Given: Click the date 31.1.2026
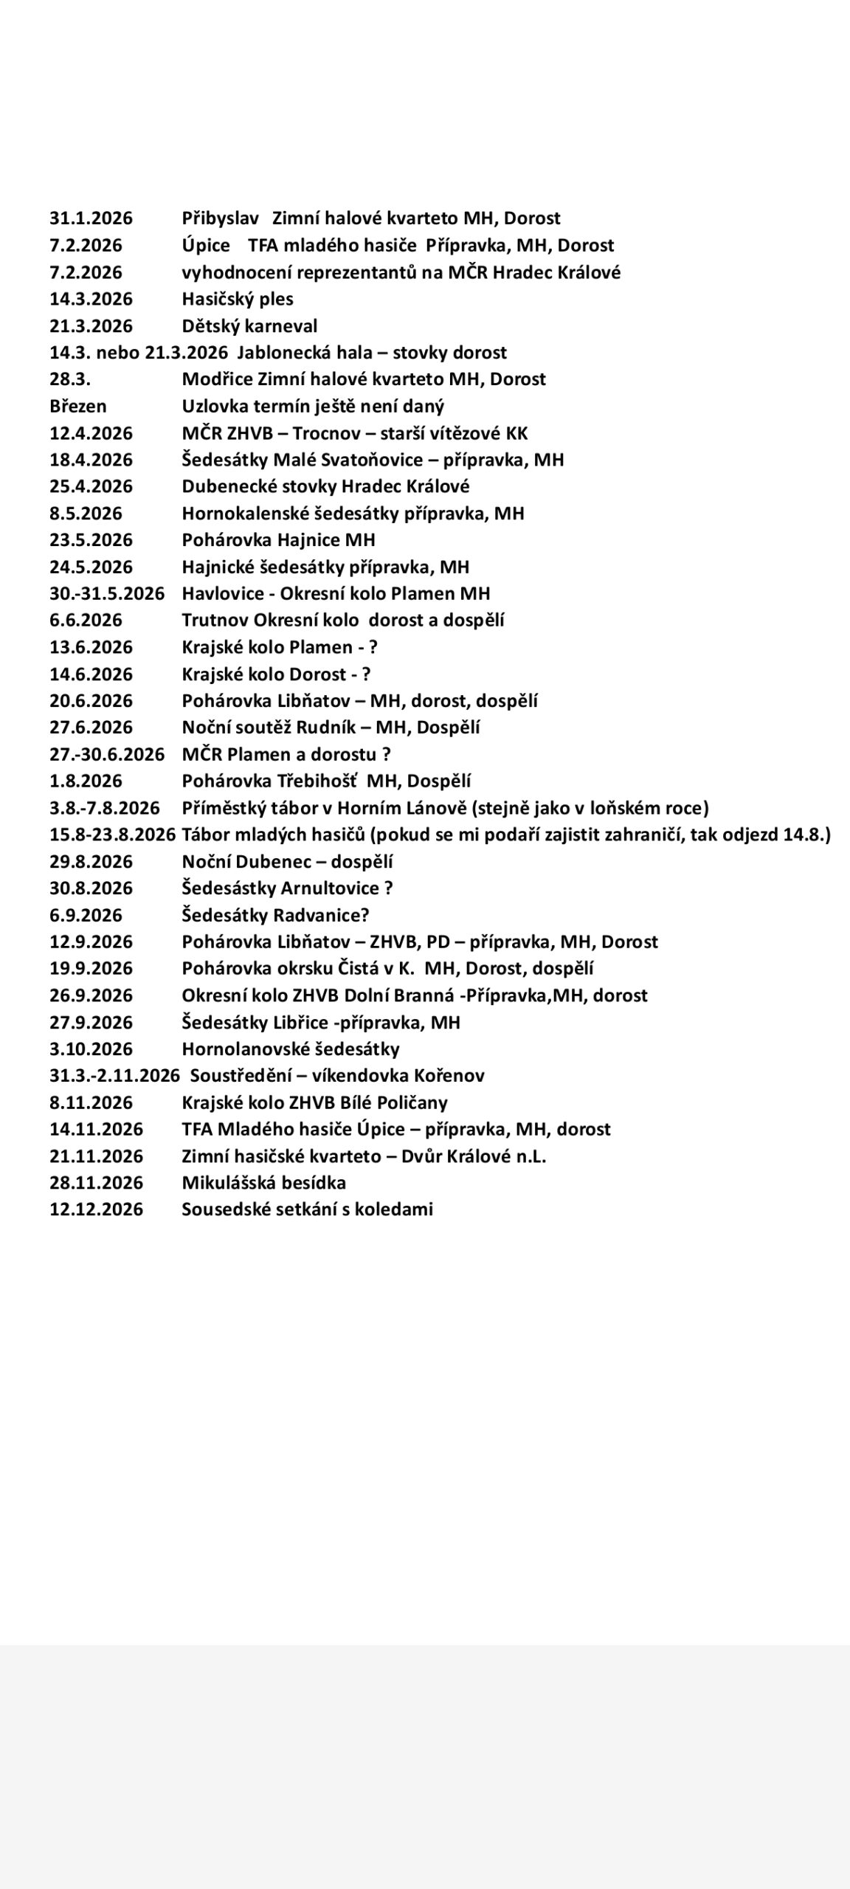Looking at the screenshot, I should [x=91, y=218].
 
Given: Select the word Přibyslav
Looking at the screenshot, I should [x=220, y=218].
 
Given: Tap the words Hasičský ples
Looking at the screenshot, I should [x=237, y=299].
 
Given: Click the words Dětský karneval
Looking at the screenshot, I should [x=249, y=325].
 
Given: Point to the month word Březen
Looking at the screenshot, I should [x=77, y=406].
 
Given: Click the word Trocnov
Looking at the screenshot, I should [x=332, y=433].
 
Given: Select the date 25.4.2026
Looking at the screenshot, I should [x=91, y=486].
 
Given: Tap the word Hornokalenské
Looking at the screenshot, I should [x=245, y=513].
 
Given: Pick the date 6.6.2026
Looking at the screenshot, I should [x=86, y=620].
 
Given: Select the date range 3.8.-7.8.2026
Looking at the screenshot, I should [x=104, y=808].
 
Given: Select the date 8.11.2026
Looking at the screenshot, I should [x=91, y=1102].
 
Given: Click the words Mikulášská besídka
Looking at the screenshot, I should [x=263, y=1182].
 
